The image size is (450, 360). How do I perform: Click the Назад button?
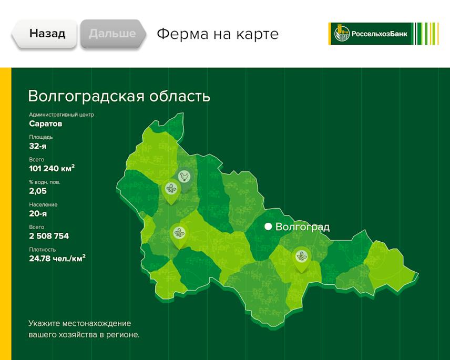[x=47, y=34]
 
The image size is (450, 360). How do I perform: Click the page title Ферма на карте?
[x=217, y=34]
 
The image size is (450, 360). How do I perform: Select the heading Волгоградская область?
[x=119, y=97]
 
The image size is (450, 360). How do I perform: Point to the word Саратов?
[x=46, y=124]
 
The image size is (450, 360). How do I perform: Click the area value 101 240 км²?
[x=52, y=169]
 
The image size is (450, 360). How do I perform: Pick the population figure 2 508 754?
[x=49, y=236]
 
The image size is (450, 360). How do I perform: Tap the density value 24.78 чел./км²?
[x=57, y=259]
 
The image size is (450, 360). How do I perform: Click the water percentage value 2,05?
[x=38, y=191]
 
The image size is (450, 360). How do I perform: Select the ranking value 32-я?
[x=38, y=146]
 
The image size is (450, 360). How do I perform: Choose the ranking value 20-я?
[x=38, y=213]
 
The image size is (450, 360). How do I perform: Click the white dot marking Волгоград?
[x=268, y=227]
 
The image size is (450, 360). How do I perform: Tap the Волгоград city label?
[x=302, y=227]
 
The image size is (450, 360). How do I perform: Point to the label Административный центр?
[x=62, y=115]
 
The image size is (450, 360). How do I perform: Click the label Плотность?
[x=42, y=250]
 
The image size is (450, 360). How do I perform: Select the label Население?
[x=43, y=204]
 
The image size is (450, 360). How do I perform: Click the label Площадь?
[x=41, y=137]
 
